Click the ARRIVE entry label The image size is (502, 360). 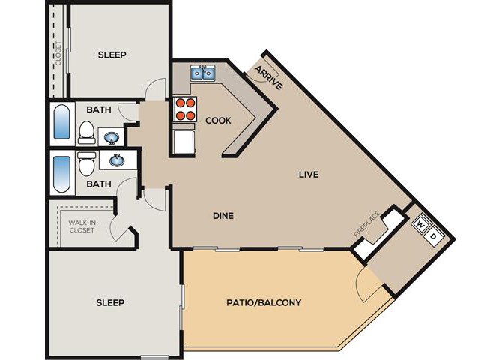[269, 78]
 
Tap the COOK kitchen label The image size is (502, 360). [218, 121]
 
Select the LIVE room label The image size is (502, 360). [309, 175]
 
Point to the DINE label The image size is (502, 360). [223, 216]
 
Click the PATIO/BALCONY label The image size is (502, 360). [264, 302]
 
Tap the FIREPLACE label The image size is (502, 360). [367, 223]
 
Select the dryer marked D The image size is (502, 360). [434, 236]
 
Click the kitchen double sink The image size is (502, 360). [203, 73]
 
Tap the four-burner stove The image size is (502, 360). [185, 109]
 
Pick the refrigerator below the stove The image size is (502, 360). [184, 141]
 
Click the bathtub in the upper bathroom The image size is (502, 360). [61, 121]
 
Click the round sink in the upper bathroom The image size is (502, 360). [112, 138]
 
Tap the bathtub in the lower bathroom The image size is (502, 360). [61, 173]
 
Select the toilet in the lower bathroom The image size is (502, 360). [87, 163]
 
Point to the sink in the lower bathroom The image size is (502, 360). [117, 160]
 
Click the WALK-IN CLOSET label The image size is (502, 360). [82, 226]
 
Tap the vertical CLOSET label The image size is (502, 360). [58, 53]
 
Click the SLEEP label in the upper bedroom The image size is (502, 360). [112, 55]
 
